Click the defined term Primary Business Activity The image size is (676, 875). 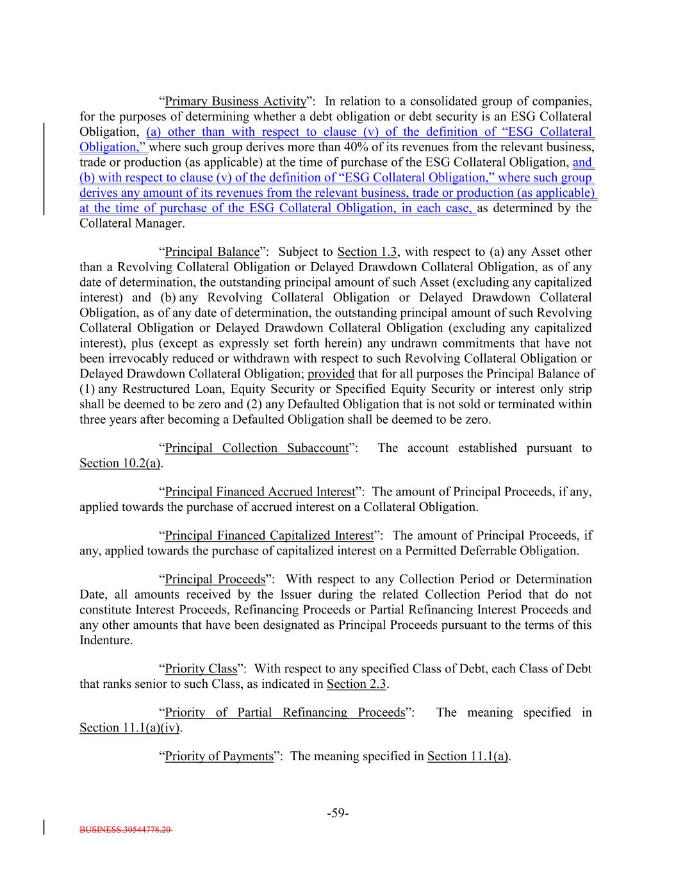pos(236,101)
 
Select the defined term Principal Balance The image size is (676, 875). pos(212,252)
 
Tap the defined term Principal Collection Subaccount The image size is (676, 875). pos(256,448)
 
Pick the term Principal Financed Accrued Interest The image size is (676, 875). pos(260,492)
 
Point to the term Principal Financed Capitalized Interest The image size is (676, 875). pos(269,535)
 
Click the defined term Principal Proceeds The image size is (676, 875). pos(215,579)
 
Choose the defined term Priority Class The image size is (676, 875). pos(201,669)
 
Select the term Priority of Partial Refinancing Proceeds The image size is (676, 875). pos(285,713)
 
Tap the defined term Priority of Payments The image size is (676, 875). pos(219,756)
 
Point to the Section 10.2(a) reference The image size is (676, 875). pos(120,463)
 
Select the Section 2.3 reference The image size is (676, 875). pos(356,684)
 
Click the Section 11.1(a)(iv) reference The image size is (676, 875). pos(129,728)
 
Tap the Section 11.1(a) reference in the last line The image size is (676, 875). pos(468,756)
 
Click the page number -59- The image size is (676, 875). pos(338,813)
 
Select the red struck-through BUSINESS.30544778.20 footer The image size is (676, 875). pos(126,829)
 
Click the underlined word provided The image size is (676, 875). pos(331,374)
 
